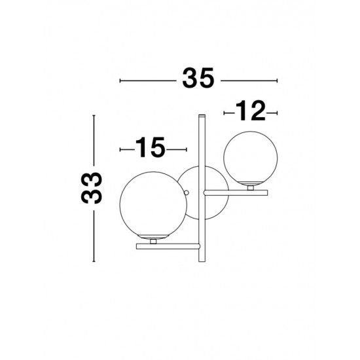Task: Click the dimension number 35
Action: coord(198,80)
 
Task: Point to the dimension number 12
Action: coord(249,113)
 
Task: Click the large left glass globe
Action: coord(149,204)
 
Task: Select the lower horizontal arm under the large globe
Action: coord(167,245)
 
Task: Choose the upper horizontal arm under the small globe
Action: coord(236,192)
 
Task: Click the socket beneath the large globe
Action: coord(153,240)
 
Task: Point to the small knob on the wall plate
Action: coord(187,193)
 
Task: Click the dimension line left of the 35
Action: coord(147,81)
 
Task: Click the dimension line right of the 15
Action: coord(176,150)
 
